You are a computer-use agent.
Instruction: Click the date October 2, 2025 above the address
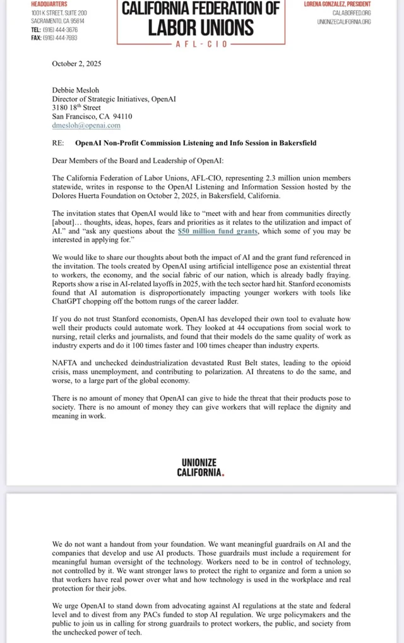[x=76, y=64]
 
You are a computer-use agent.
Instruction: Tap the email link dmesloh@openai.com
[x=78, y=126]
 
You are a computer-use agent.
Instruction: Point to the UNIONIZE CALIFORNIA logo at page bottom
[x=201, y=468]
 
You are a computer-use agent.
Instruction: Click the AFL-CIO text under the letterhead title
[x=201, y=44]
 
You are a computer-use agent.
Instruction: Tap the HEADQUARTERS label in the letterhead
[x=46, y=4]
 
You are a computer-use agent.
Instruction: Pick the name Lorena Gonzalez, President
[x=337, y=4]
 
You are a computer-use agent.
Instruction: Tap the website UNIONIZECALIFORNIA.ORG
[x=344, y=21]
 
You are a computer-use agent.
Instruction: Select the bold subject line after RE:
[x=201, y=143]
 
